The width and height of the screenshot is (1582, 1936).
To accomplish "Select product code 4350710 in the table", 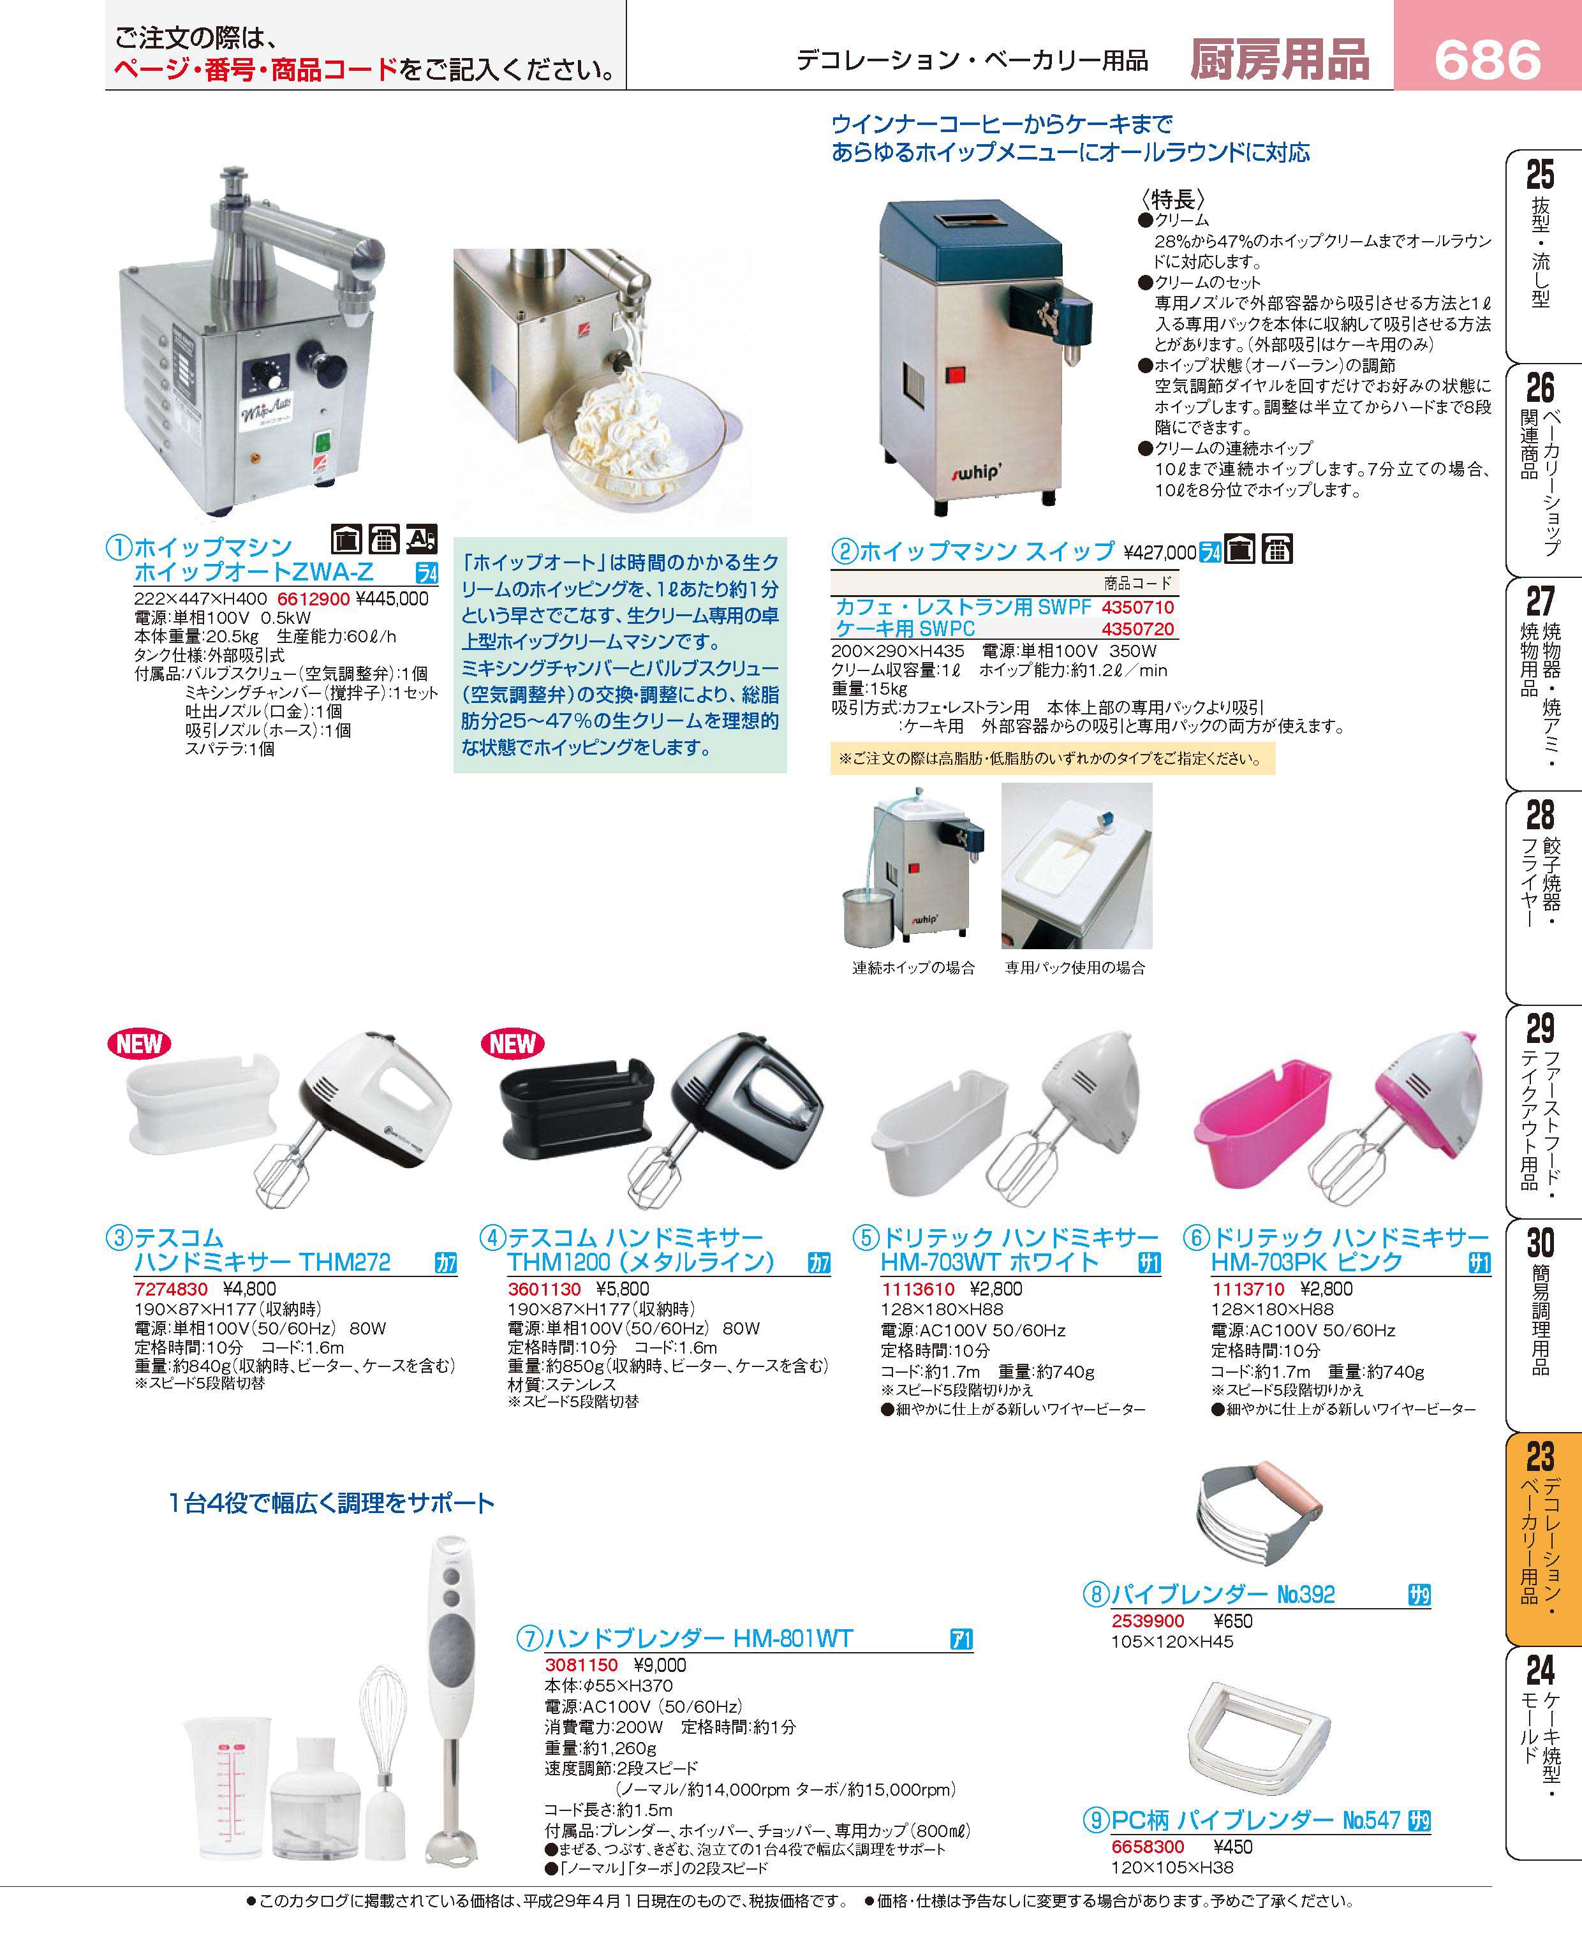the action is (x=1137, y=607).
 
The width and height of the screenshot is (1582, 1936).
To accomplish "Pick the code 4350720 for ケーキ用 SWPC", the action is (x=1137, y=628).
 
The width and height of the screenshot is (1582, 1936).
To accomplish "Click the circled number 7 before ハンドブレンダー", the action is (x=529, y=1639).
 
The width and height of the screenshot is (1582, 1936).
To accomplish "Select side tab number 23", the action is (x=1539, y=1457).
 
